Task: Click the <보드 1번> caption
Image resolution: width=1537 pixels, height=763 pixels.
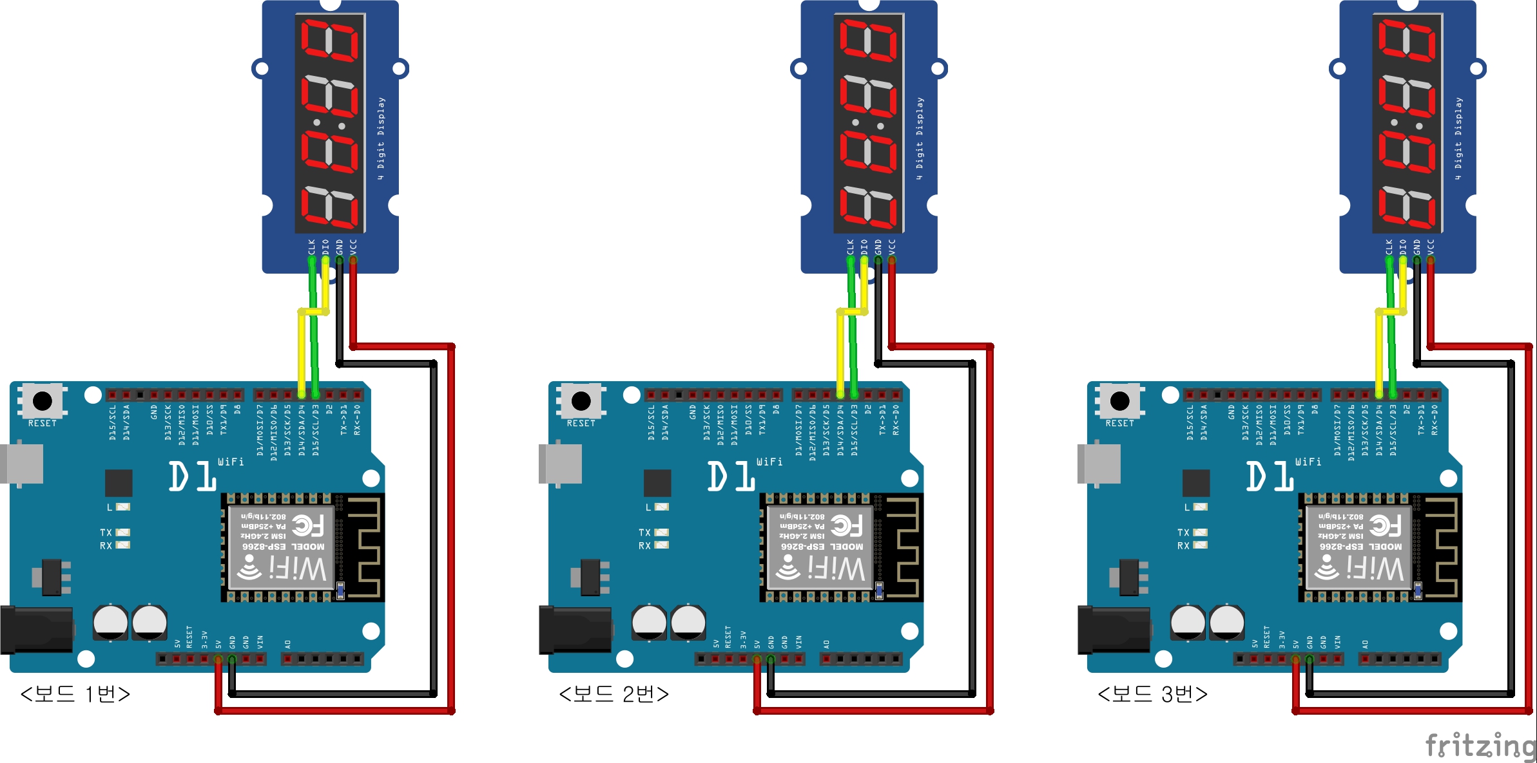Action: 75,694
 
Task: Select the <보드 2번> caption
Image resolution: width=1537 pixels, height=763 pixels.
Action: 614,694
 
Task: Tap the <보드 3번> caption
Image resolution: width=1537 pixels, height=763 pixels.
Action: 1153,694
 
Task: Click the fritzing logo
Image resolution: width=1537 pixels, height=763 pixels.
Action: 1480,746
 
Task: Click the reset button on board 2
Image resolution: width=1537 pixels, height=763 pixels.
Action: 581,401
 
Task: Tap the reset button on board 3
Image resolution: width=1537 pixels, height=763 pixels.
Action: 1119,401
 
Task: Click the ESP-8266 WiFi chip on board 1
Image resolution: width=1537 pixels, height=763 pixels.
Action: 282,547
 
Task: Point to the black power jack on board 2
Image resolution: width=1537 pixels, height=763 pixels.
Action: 574,630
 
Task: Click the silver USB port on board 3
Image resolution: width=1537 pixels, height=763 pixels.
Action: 1099,462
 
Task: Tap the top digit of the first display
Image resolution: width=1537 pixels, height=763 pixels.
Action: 330,40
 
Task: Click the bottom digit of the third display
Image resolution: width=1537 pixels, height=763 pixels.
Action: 1407,207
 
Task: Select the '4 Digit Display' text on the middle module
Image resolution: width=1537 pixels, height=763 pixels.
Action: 920,138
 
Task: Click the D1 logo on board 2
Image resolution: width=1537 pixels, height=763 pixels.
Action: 731,476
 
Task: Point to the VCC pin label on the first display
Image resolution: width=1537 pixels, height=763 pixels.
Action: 353,247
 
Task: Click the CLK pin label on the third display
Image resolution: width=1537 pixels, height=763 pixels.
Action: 1389,247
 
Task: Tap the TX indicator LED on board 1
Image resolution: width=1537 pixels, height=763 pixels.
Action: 122,532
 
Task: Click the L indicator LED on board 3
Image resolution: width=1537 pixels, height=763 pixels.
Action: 1199,507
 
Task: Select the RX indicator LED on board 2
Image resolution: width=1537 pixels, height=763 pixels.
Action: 661,545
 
